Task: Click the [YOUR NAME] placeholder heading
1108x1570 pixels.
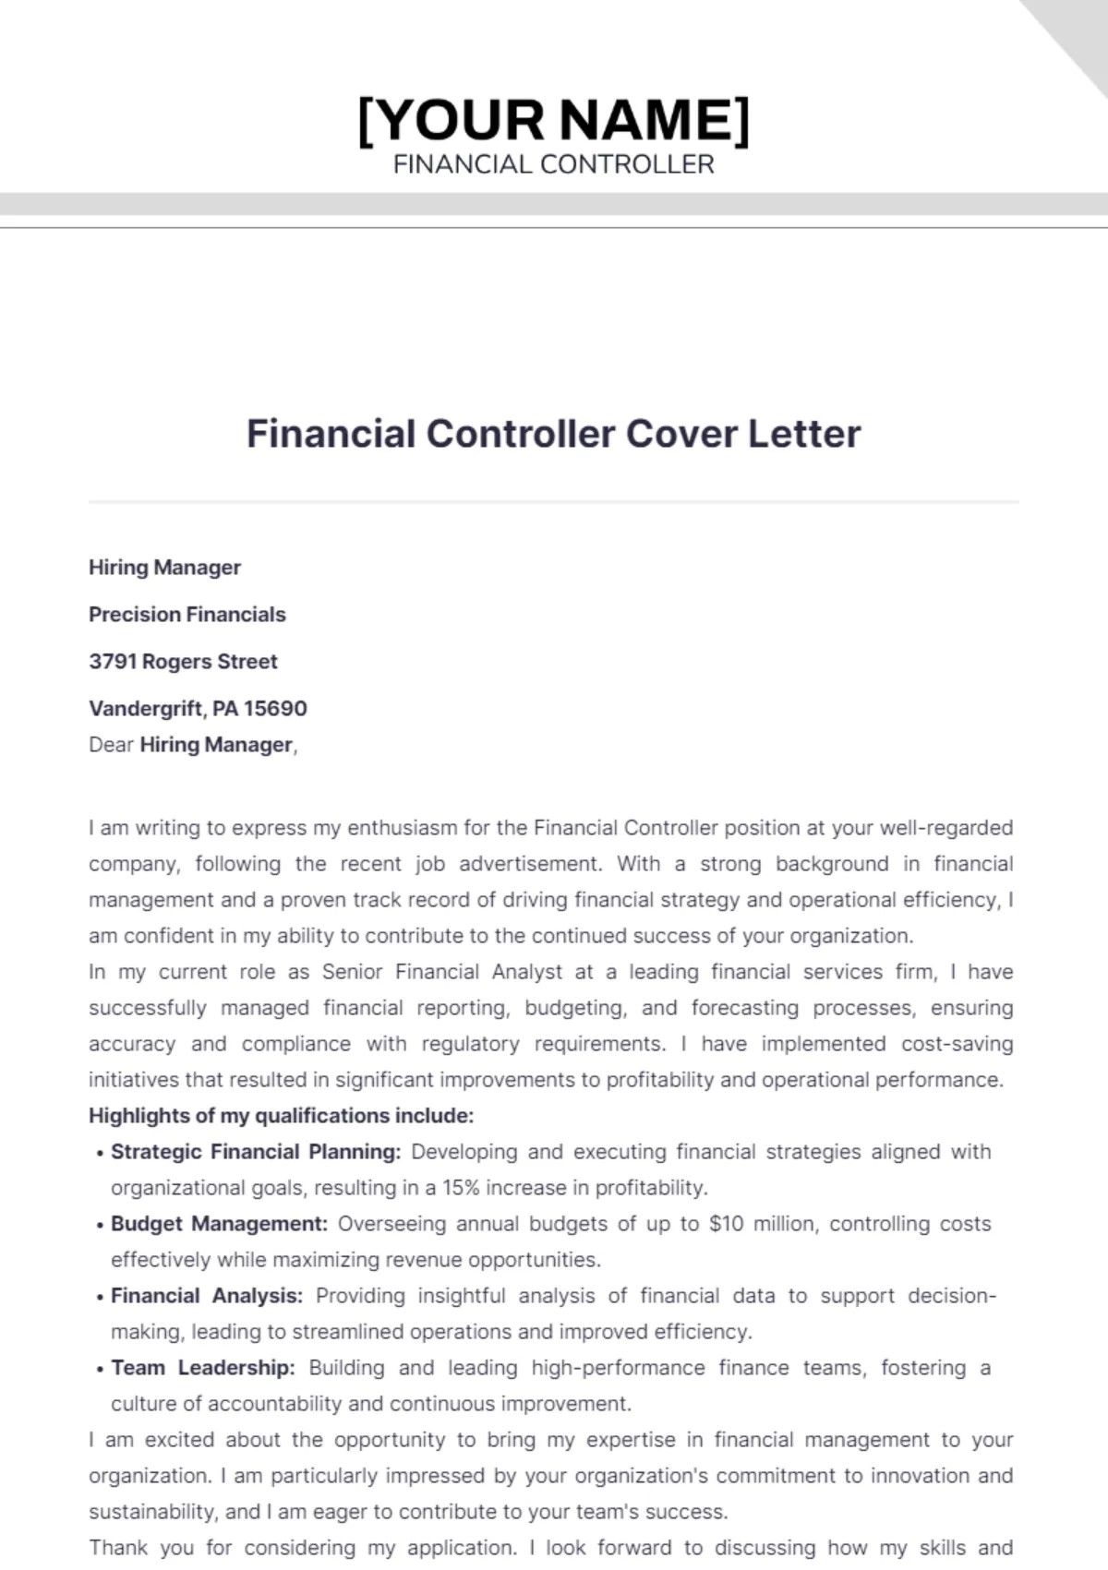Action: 554,120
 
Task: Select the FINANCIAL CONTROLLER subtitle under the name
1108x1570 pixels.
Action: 554,164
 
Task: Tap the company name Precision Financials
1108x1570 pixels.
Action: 187,615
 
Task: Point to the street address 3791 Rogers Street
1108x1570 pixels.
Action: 183,662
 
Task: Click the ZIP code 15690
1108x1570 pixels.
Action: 275,709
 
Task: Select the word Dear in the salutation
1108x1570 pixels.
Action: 111,745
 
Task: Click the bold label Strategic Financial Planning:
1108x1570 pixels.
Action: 256,1152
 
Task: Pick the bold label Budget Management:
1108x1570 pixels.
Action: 219,1224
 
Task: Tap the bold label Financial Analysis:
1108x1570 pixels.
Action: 207,1296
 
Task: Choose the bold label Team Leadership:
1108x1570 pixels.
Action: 203,1368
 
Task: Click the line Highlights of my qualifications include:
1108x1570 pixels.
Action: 281,1116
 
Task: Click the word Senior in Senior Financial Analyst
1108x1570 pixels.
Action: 352,972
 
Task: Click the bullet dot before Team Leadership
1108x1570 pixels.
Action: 100,1370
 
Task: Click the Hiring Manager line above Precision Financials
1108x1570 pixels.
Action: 164,568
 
